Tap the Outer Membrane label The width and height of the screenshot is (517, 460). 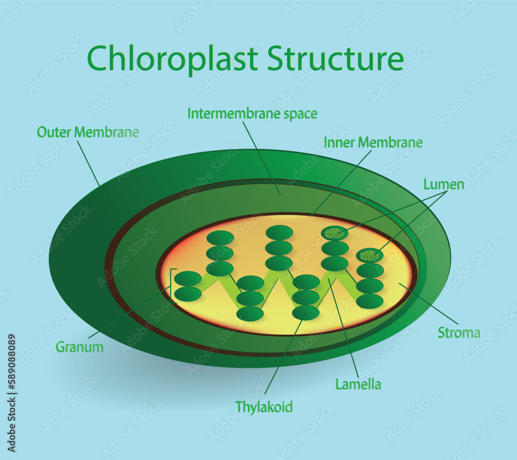pyautogui.click(x=87, y=132)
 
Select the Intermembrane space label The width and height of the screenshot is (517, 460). pyautogui.click(x=252, y=113)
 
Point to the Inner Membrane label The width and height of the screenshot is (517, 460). pyautogui.click(x=373, y=142)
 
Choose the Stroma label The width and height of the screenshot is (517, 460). pyautogui.click(x=459, y=333)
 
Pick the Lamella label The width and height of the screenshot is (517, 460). pyautogui.click(x=358, y=384)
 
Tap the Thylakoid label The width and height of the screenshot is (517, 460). pyautogui.click(x=264, y=407)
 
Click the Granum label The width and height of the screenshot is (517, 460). pyautogui.click(x=79, y=347)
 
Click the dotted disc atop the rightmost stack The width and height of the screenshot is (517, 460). pyautogui.click(x=370, y=255)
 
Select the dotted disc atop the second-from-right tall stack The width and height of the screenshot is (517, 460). pyautogui.click(x=334, y=233)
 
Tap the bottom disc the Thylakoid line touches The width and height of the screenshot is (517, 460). pyautogui.click(x=306, y=313)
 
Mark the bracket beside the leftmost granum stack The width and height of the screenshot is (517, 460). pyautogui.click(x=172, y=286)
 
